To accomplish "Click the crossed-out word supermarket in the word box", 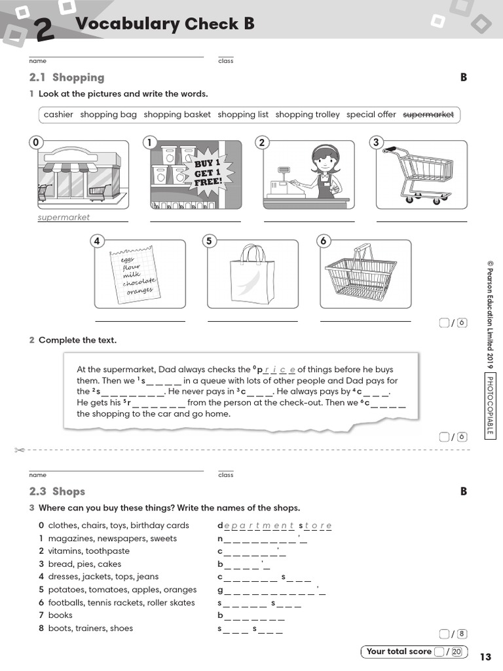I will click(x=428, y=115).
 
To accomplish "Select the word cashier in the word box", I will click(x=58, y=115).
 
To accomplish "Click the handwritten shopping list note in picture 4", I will click(x=134, y=274).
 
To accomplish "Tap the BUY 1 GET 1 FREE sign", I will click(x=209, y=171).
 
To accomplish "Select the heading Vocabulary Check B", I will click(x=164, y=24).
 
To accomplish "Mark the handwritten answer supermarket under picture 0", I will click(x=64, y=217).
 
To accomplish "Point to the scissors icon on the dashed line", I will click(x=19, y=450).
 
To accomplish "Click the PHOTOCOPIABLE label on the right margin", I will click(x=490, y=405).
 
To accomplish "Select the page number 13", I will click(x=485, y=657).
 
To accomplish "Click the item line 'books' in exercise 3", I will click(x=60, y=615).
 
